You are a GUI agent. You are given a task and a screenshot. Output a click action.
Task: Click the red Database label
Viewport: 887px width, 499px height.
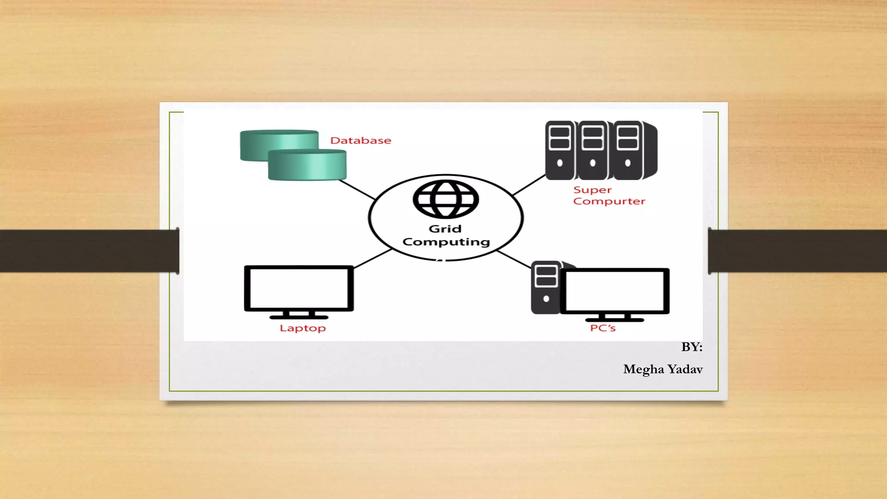[360, 140]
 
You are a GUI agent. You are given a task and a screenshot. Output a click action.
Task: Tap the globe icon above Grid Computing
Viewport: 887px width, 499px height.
[446, 199]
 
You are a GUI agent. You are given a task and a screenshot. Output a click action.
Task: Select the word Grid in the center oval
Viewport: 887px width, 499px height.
[445, 229]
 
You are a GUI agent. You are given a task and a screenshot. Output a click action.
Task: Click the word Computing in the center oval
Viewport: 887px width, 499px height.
[446, 242]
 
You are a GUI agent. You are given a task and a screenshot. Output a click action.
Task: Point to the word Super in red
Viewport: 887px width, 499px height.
[592, 190]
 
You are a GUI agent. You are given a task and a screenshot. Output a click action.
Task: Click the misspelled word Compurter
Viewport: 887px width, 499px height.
[609, 201]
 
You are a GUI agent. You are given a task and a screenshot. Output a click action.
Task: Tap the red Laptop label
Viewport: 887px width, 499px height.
[302, 328]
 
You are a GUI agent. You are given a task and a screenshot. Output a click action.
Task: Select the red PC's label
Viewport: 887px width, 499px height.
[602, 328]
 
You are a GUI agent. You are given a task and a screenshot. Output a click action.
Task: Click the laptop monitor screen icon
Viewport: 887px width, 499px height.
[299, 288]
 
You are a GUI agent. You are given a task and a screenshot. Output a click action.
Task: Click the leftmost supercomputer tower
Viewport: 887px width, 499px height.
[560, 150]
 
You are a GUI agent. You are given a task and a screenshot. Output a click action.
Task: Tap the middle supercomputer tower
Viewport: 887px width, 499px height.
[592, 150]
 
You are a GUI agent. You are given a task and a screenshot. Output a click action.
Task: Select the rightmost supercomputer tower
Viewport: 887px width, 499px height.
[628, 150]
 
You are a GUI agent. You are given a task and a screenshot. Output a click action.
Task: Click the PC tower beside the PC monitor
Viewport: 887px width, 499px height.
[545, 288]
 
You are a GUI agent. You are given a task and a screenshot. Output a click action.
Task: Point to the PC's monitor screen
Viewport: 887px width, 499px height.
[615, 291]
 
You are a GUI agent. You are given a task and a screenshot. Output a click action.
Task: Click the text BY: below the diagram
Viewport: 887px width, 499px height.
[691, 347]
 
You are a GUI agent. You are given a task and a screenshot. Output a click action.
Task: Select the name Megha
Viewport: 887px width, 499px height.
[643, 369]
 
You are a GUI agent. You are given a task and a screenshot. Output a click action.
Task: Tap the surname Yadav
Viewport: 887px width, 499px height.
[685, 369]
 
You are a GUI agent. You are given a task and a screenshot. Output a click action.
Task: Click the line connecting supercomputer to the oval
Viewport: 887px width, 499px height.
[529, 185]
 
